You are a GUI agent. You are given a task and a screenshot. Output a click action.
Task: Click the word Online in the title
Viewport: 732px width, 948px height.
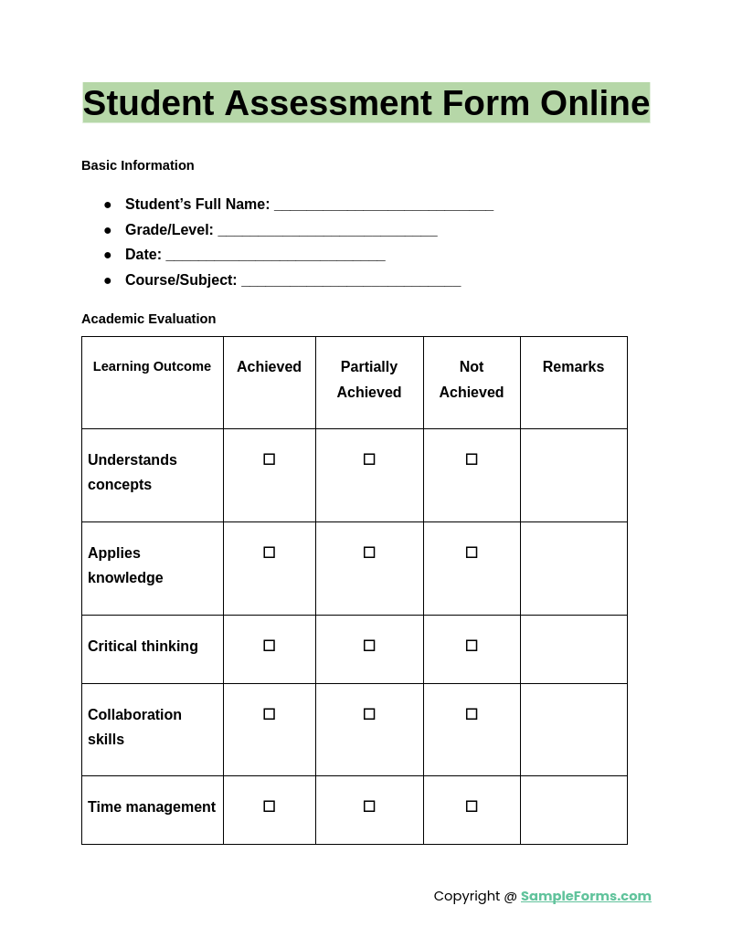[594, 103]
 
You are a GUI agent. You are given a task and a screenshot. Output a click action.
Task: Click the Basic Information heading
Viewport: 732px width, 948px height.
[138, 165]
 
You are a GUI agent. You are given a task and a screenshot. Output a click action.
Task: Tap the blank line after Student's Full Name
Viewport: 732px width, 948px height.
[384, 206]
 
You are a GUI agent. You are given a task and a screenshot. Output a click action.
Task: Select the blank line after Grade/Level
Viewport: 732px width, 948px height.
[327, 232]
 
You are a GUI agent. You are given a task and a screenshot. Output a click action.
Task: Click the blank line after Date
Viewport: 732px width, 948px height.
[275, 257]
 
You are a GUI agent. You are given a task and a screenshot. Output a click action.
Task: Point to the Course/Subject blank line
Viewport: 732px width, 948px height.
[351, 282]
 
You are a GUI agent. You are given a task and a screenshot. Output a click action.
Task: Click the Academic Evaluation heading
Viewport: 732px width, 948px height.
[149, 319]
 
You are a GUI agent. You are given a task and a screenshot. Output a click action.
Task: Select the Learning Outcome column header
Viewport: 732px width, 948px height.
[152, 366]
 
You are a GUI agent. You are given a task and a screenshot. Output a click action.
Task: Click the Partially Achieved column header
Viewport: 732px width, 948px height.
[369, 379]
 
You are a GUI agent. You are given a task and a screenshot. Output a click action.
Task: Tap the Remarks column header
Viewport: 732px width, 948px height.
[573, 366]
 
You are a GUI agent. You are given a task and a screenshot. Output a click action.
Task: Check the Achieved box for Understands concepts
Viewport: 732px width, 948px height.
[269, 459]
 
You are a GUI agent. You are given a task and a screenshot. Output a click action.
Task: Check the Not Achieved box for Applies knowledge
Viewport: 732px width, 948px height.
[472, 553]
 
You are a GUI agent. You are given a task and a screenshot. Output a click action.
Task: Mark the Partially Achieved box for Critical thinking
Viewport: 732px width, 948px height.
[369, 646]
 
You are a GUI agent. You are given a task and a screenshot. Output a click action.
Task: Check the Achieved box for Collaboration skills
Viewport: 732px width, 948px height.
[269, 714]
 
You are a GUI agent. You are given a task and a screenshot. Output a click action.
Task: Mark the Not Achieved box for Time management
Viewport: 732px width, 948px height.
[472, 806]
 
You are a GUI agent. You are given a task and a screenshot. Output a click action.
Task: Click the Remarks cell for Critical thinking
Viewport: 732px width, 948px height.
[573, 649]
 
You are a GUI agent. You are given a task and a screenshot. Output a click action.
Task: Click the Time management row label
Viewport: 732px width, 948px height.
[152, 807]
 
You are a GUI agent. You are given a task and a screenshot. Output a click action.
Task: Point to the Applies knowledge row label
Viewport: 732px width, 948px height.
[125, 565]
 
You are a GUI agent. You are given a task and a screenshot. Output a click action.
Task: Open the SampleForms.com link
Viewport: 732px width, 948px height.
[586, 896]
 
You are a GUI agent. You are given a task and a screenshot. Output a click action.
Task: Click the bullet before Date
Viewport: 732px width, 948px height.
[108, 255]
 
